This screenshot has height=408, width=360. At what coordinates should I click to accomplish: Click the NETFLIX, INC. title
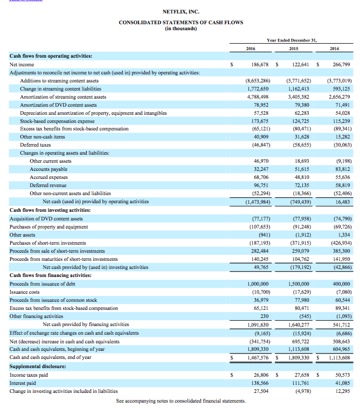click(x=181, y=12)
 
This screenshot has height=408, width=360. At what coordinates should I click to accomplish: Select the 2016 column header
click(x=250, y=49)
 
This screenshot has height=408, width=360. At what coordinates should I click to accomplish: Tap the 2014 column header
click(x=335, y=49)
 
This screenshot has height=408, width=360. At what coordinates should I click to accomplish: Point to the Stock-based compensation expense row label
click(x=56, y=121)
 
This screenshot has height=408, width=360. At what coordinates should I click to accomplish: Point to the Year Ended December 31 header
click(x=292, y=40)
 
